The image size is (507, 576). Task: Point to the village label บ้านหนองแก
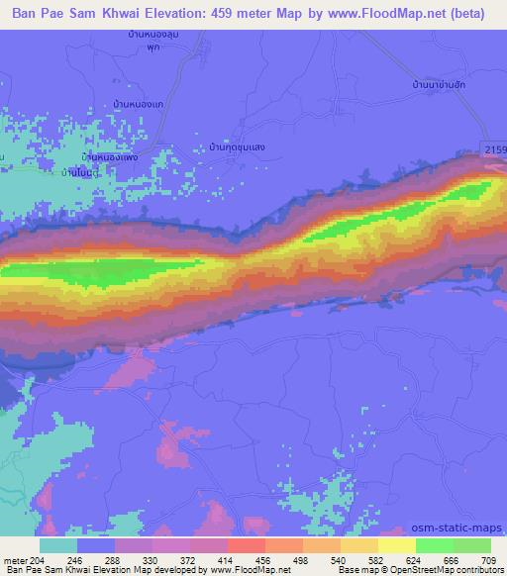139,104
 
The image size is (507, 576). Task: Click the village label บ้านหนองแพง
108,157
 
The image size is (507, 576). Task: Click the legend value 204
38,558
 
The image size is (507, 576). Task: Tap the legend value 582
377,558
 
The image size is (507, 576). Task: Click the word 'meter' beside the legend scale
14,558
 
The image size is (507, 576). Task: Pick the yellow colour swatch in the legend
396,545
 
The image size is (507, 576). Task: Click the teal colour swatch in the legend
58,545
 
